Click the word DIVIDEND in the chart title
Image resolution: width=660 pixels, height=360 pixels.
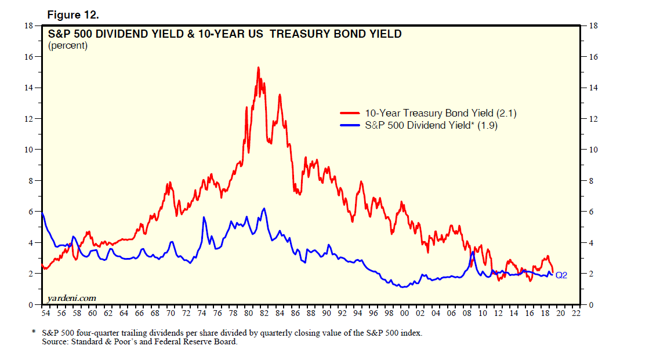[124, 34]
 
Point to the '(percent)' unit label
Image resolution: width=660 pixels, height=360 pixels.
[68, 46]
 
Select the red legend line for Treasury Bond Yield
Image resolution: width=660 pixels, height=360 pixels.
[350, 114]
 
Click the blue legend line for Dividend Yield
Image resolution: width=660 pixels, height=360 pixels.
[350, 125]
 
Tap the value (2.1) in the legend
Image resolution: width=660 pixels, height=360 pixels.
[506, 114]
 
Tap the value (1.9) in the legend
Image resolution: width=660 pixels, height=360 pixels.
[488, 125]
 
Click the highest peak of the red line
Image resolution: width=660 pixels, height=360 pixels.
[258, 68]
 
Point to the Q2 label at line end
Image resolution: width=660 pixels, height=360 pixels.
[561, 275]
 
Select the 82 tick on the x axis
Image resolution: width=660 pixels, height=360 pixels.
[264, 314]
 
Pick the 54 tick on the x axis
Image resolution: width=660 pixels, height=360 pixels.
[46, 314]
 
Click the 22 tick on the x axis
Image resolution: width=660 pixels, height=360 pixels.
[576, 314]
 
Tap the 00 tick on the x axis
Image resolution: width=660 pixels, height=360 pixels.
[405, 314]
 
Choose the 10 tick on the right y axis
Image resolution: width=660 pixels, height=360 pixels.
[593, 150]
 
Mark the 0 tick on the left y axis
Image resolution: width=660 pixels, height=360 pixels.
[31, 304]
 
